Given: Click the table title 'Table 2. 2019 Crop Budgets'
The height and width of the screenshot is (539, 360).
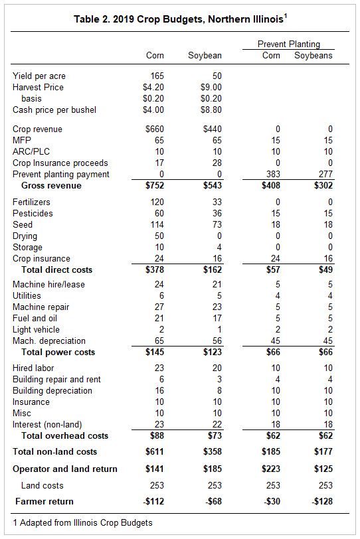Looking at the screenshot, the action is click(135, 19).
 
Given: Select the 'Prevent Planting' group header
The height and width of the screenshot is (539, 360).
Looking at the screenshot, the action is click(289, 44).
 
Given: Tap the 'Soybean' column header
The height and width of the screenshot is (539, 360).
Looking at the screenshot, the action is click(205, 55).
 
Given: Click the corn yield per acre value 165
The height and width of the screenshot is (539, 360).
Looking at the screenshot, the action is click(157, 76).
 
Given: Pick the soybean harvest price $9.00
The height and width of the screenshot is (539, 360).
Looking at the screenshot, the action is click(211, 87).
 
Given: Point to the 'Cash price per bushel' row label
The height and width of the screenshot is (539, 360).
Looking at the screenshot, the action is click(54, 110).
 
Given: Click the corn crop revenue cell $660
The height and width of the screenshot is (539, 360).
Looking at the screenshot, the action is click(154, 129).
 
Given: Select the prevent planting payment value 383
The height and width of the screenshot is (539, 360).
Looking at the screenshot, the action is click(274, 174).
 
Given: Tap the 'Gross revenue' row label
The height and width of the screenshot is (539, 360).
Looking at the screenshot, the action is click(51, 186).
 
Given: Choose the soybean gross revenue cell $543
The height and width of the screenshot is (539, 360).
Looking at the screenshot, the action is click(212, 186).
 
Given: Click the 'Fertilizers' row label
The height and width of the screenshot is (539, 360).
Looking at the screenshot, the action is click(31, 202).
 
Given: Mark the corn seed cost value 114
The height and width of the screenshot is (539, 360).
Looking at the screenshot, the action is click(157, 224).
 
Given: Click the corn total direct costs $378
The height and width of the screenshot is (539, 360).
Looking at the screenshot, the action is click(154, 270).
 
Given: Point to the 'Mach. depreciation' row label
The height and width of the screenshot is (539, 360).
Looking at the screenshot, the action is click(49, 341).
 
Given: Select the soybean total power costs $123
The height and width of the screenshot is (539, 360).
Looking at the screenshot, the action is click(212, 352).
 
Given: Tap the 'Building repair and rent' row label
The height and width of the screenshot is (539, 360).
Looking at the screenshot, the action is click(56, 380).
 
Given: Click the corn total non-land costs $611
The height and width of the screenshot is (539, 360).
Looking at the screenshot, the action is click(154, 451).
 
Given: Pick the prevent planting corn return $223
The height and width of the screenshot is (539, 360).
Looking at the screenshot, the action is click(270, 469).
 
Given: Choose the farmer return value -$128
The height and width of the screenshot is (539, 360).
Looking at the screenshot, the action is click(322, 501).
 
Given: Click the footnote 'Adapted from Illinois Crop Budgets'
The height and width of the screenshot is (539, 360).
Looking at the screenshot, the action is click(86, 523).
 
